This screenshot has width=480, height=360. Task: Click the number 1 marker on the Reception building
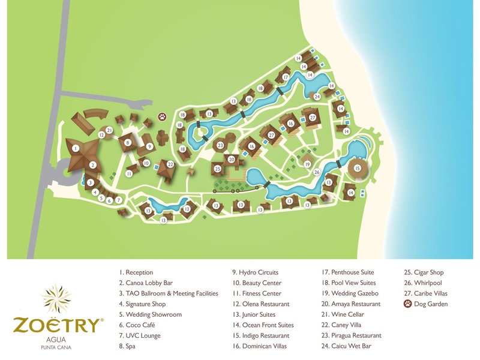point(76,148)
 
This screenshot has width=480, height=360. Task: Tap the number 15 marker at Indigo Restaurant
point(358,169)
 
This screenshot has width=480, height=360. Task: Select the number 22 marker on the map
point(170,164)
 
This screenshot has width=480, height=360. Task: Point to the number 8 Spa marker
point(127,143)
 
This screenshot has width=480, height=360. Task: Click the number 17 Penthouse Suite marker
point(286,77)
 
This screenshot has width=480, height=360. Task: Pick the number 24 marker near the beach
point(317,96)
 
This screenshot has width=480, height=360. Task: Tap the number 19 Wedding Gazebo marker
point(307,164)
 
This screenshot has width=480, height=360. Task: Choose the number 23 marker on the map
point(221,145)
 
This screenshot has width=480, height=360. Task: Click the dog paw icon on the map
point(162,116)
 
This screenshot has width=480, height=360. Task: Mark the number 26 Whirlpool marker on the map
point(317,172)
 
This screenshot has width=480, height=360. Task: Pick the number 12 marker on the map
point(102,136)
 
